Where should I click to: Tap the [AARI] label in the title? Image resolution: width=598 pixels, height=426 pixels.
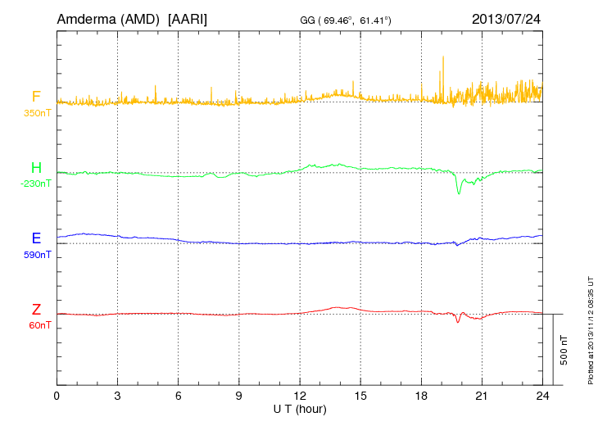[188, 18]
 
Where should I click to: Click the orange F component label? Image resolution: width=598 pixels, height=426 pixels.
[36, 97]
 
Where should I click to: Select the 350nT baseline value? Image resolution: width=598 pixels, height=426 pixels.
[36, 111]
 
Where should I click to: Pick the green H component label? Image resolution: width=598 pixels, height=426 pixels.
[36, 168]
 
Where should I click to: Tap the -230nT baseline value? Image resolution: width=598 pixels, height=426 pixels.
[36, 184]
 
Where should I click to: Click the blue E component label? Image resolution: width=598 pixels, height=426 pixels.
[36, 238]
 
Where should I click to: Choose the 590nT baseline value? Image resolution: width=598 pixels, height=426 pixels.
[36, 254]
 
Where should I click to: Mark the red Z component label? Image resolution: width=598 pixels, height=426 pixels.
[36, 310]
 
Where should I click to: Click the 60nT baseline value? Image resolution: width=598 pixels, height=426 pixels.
[36, 324]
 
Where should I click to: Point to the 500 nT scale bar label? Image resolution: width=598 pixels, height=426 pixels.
[564, 349]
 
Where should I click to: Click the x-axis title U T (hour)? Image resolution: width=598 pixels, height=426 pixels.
[300, 408]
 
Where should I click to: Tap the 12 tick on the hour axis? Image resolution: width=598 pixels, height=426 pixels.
[300, 396]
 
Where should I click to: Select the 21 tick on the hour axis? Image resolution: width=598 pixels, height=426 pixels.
[482, 396]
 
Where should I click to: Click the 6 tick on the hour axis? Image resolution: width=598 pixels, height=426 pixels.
[179, 396]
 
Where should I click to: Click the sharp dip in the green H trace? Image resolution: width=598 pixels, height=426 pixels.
[459, 192]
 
